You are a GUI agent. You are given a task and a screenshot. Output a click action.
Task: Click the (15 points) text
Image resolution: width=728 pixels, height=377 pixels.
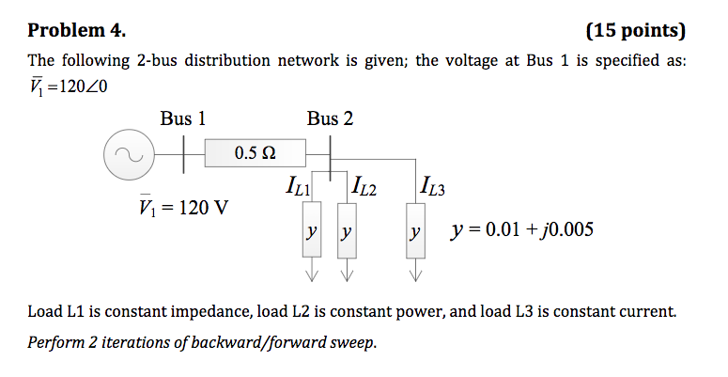click(636, 30)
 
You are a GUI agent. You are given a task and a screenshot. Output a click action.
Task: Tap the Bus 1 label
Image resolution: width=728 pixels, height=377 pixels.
click(182, 118)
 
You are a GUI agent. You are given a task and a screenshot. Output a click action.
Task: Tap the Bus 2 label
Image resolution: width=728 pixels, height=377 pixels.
click(330, 118)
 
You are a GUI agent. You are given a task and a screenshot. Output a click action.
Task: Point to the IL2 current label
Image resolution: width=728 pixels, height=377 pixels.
click(363, 186)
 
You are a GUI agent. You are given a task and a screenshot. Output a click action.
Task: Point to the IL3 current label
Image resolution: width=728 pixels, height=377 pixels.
click(433, 185)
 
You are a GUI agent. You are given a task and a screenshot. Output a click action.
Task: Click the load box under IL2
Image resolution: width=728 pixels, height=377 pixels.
click(347, 230)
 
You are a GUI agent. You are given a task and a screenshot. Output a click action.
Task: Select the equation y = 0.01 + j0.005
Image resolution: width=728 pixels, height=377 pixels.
click(521, 229)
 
